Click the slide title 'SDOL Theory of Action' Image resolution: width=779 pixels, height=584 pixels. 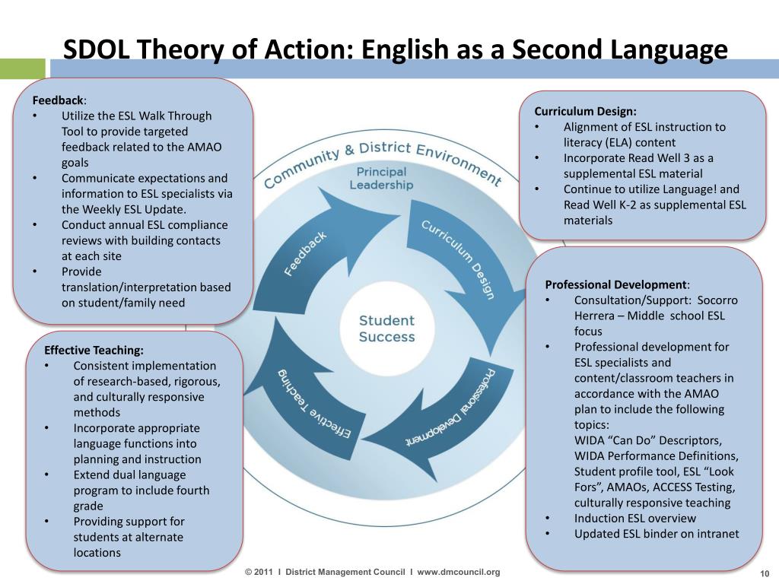[395, 50]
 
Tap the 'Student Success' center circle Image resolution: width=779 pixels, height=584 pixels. [387, 328]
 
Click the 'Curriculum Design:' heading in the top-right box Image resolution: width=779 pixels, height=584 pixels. [585, 111]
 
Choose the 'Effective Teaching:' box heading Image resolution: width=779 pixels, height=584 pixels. [94, 350]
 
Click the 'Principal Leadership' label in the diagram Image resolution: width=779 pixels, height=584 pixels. [381, 178]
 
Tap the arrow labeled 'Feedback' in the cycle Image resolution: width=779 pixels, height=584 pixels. [304, 251]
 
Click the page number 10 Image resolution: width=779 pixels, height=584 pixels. [765, 573]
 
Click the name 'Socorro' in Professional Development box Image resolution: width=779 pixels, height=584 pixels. [717, 300]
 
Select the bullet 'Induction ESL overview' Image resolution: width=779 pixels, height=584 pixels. [634, 518]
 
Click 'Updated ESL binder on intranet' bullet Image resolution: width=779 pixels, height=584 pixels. [656, 533]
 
